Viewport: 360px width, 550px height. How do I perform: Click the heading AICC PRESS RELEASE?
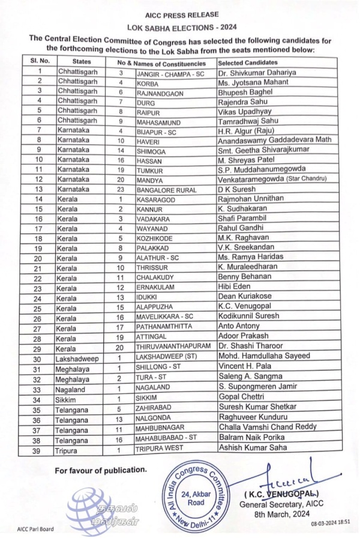181,14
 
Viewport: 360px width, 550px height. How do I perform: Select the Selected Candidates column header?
247,62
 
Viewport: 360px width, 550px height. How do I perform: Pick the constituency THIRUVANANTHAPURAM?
173,347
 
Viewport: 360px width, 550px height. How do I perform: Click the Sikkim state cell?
65,399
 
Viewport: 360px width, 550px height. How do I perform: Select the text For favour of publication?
100,469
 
